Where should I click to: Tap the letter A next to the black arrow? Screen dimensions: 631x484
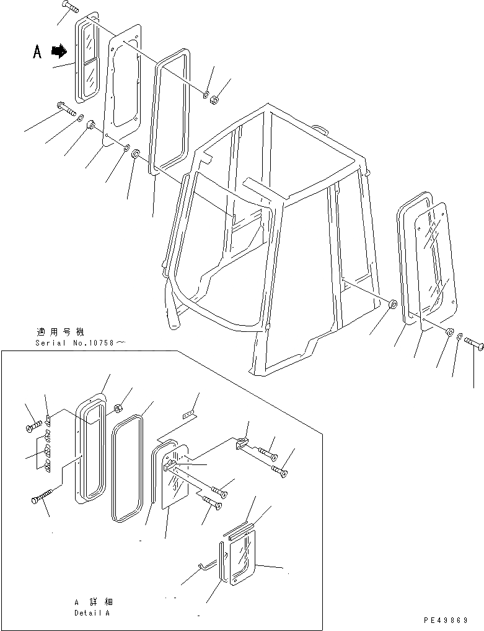coord(37,53)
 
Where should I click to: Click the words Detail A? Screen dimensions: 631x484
coord(92,612)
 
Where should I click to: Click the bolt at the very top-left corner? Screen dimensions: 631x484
coord(70,8)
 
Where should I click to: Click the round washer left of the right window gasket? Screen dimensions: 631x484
coord(392,306)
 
